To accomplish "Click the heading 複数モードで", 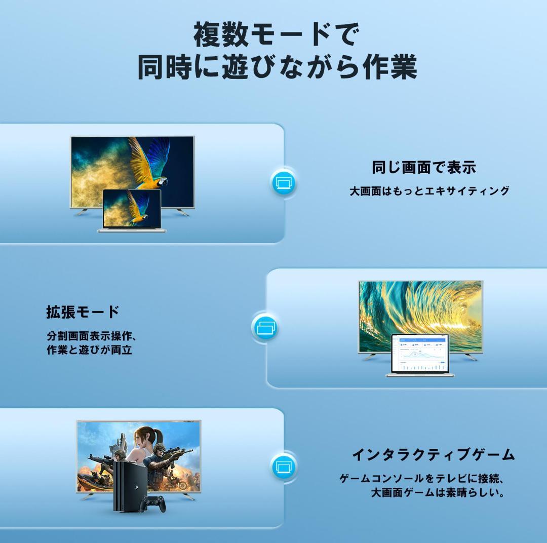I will coord(276,35).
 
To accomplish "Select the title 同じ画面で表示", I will coord(424,167).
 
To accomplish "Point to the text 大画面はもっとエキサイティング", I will coord(429,191).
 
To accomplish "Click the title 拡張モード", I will coord(83,312).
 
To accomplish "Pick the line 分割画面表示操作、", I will coord(92,336).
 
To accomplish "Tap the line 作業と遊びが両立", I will coord(89,350).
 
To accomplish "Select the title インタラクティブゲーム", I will coord(433,454).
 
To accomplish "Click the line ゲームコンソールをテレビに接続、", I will coord(424,478).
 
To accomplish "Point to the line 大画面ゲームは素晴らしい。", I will coord(438,492).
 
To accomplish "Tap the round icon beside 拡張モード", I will coord(265,327).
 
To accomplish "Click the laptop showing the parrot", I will coord(132,210).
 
